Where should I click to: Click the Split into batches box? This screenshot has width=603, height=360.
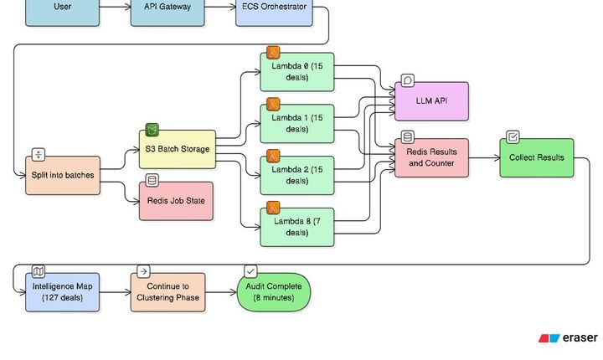click(x=63, y=175)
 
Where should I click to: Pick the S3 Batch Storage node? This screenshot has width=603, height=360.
click(x=176, y=149)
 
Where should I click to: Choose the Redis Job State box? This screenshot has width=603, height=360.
click(x=176, y=201)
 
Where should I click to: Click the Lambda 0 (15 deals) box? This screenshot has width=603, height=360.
click(x=297, y=72)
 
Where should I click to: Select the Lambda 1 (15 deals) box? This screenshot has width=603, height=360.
click(x=297, y=123)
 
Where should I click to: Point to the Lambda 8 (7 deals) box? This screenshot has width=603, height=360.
click(x=297, y=227)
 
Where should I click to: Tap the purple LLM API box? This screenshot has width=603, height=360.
click(x=431, y=101)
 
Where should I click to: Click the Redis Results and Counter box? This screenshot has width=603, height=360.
click(x=431, y=157)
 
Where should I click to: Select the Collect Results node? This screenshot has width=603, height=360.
click(x=537, y=157)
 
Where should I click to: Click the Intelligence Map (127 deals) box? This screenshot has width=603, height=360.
click(x=63, y=292)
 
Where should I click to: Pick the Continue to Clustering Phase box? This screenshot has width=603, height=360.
click(x=167, y=292)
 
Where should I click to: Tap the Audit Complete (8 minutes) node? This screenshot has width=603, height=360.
click(x=273, y=292)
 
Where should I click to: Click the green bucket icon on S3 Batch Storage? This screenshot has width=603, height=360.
click(x=152, y=130)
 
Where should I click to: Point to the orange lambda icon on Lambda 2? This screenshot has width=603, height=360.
click(x=273, y=156)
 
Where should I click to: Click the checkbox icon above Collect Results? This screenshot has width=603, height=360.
click(x=513, y=137)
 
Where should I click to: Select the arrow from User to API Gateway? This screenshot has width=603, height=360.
click(x=115, y=8)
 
